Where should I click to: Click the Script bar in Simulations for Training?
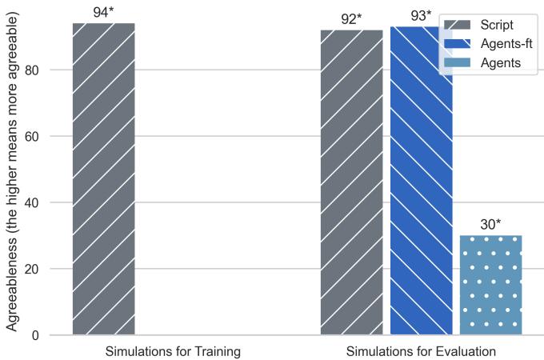click(104, 179)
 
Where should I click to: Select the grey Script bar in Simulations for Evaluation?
click(352, 182)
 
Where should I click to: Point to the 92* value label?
click(352, 19)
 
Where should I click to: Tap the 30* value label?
click(490, 225)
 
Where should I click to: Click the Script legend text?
click(497, 25)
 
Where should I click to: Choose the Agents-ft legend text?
click(506, 43)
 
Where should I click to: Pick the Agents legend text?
click(501, 62)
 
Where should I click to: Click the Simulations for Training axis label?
click(173, 351)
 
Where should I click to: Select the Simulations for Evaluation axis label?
click(422, 351)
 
